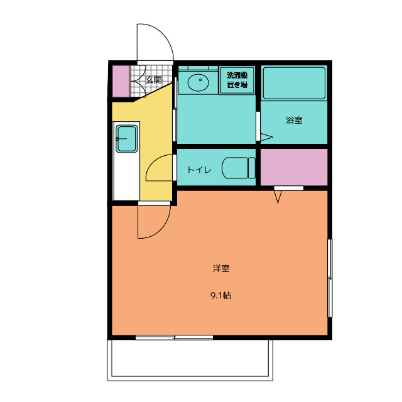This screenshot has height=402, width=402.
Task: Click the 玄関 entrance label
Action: (154, 80)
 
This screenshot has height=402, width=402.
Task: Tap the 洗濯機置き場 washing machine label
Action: (237, 80)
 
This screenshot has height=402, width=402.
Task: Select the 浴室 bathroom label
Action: (294, 120)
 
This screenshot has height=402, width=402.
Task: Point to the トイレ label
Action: (199, 170)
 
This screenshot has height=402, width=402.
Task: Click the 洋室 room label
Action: (220, 269)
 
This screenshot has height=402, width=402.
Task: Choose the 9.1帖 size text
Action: (220, 295)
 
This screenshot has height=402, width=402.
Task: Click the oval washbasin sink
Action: (198, 81)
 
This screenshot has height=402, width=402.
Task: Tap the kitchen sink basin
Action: (127, 138)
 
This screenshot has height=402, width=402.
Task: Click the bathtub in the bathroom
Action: (293, 83)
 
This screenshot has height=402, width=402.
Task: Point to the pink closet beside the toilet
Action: (293, 167)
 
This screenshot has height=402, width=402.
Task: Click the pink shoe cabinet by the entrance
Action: (121, 80)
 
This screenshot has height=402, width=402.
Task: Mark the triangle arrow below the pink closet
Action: (279, 197)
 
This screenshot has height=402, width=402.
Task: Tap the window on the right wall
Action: (331, 276)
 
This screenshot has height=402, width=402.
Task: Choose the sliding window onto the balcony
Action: (175, 337)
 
